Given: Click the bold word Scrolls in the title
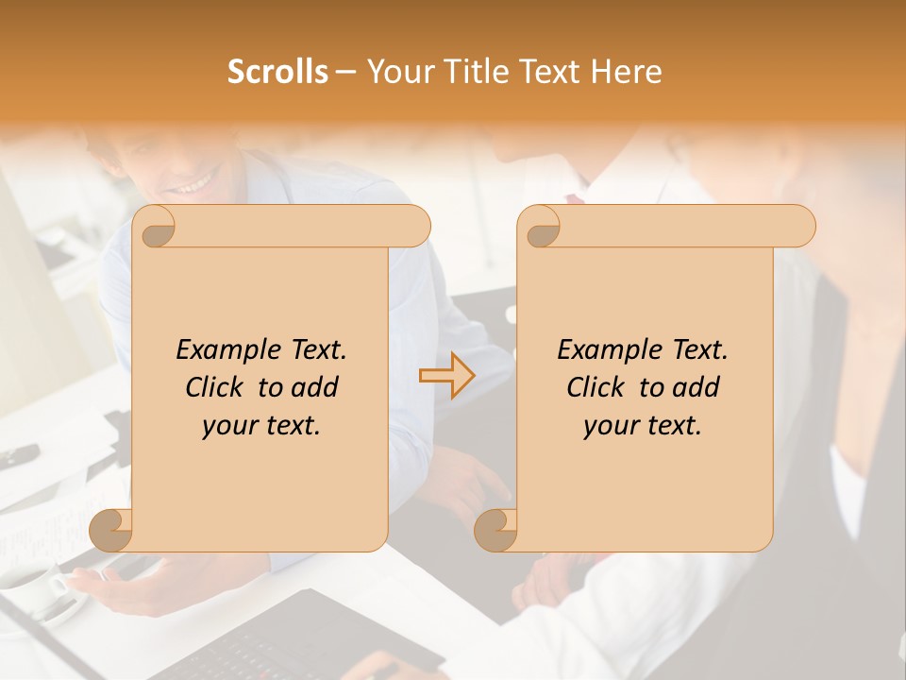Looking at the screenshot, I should click(277, 72).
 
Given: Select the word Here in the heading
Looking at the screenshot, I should click(626, 72).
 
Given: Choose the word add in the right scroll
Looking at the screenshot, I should click(698, 387).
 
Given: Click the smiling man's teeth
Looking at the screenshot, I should click(193, 183).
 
